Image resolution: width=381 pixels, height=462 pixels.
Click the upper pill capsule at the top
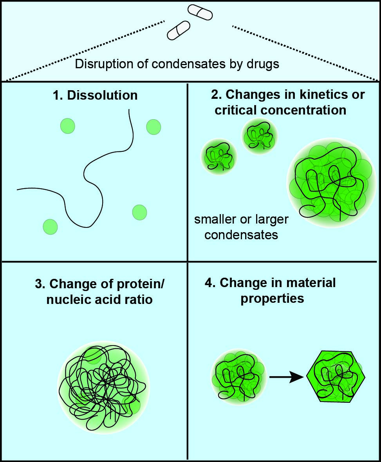[x=200, y=12]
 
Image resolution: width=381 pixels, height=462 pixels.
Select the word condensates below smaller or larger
[x=241, y=235]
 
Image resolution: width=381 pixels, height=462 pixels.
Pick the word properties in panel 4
[x=273, y=298]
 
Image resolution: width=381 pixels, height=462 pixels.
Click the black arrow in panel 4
[x=287, y=377]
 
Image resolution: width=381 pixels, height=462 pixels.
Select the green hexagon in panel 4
[x=336, y=377]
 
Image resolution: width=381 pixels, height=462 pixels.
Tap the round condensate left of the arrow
[x=239, y=377]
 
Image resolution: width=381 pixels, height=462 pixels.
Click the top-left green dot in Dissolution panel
[x=68, y=126]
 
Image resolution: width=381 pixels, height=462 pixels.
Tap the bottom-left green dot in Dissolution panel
[x=50, y=227]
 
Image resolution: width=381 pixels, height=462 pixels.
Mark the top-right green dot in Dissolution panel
[x=153, y=127]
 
